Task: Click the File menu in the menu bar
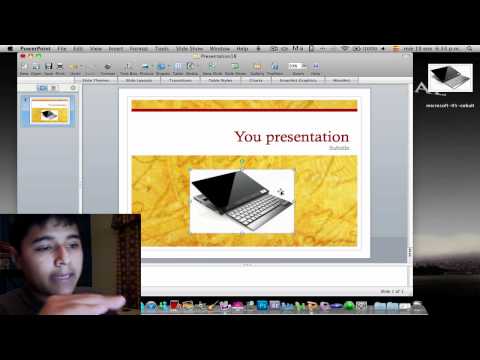[62, 48]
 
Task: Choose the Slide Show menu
[189, 48]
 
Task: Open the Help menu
[242, 48]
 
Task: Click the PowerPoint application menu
[37, 48]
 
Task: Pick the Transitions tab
[180, 80]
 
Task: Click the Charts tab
[255, 80]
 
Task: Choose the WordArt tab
[341, 80]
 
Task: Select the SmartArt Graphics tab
[297, 80]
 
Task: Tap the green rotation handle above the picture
[241, 161]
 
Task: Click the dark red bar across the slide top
[244, 111]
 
